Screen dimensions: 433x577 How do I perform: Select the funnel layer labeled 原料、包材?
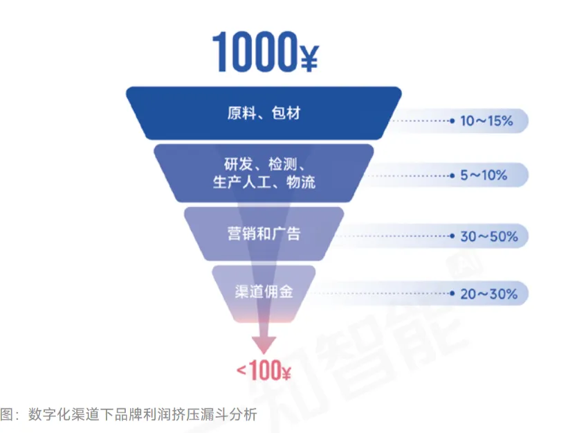coord(264,113)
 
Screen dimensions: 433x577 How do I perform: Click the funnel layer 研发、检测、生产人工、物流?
coord(264,173)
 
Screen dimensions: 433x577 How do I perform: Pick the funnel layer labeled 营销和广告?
coord(264,233)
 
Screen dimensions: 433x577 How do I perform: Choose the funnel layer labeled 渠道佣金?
coord(264,292)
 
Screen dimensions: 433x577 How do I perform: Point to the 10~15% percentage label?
coord(486,121)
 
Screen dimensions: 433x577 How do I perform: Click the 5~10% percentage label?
coord(484,175)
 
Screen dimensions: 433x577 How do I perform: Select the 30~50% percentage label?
coord(488,236)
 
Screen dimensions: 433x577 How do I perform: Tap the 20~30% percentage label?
coord(488,293)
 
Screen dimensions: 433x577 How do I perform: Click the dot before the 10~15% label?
coord(452,121)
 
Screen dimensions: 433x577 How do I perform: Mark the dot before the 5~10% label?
coord(452,175)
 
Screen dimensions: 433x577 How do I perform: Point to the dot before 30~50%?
coord(452,236)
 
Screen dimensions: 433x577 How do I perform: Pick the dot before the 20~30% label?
coord(452,293)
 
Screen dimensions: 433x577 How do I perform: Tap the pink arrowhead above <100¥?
coord(264,344)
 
